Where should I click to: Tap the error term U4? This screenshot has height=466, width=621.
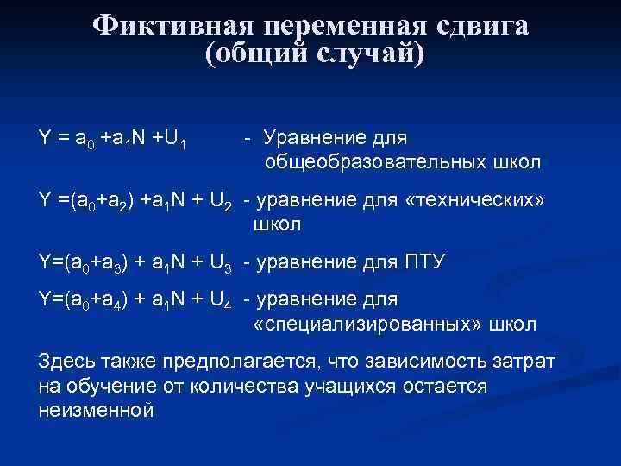221,301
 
